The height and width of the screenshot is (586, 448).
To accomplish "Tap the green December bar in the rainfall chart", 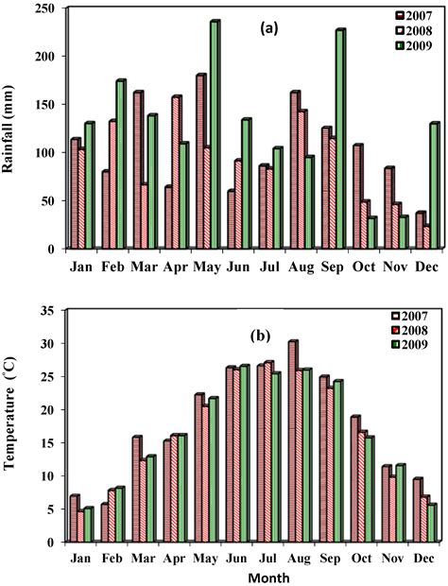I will click(434, 185).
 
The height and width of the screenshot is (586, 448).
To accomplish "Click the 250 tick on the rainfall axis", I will click(47, 9).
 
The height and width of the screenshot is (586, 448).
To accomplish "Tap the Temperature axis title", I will click(12, 425).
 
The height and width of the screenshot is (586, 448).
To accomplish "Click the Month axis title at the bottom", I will click(245, 576).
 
